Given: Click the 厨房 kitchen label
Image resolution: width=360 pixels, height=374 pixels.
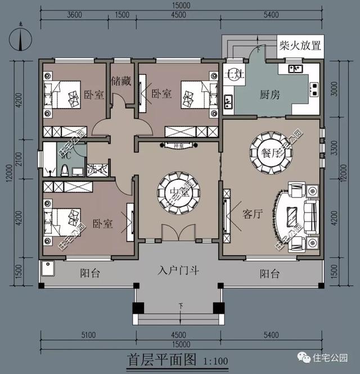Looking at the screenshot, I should [x=270, y=94].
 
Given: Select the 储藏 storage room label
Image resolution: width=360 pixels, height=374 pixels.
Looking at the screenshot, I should [x=121, y=81].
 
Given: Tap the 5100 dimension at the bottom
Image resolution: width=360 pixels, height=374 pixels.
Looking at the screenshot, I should [x=88, y=336].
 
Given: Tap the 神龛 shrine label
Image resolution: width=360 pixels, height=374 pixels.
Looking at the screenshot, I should [x=178, y=145].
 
